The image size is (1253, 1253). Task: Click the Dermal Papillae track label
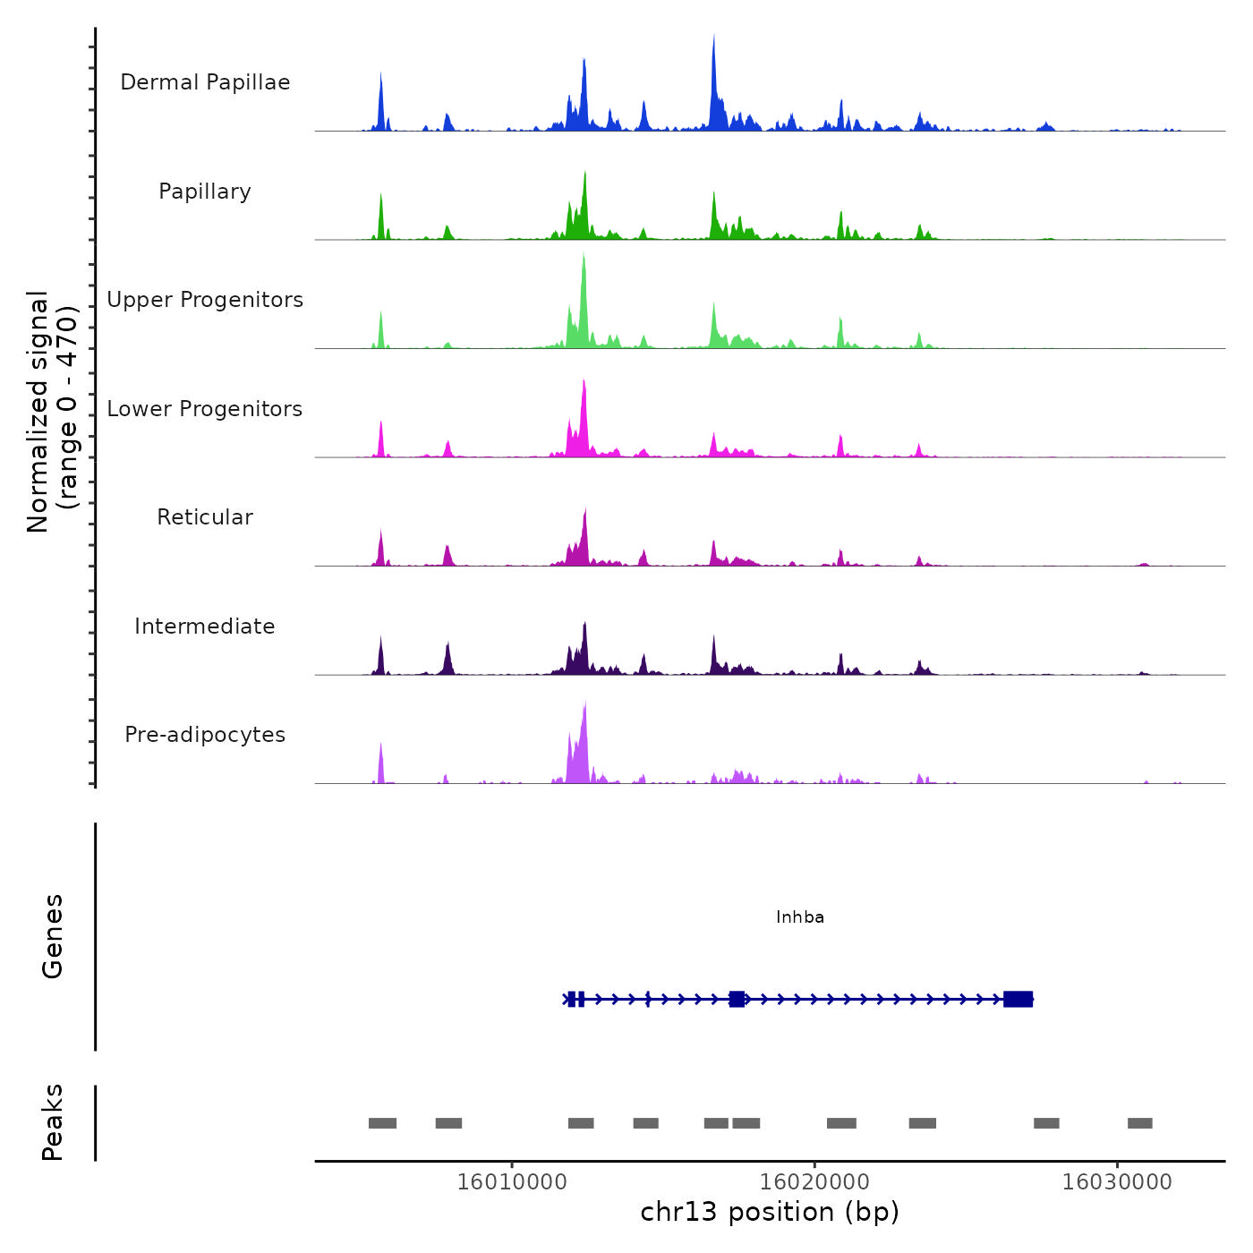pyautogui.click(x=205, y=82)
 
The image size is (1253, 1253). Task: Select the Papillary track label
pyautogui.click(x=205, y=192)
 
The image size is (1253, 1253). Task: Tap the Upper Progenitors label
pyautogui.click(x=205, y=300)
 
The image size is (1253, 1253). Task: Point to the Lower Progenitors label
pyautogui.click(x=205, y=409)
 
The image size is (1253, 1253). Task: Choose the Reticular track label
pyautogui.click(x=205, y=517)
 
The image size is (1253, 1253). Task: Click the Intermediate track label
pyautogui.click(x=205, y=626)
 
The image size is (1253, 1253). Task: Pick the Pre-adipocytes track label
pyautogui.click(x=205, y=735)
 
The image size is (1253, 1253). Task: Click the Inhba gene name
pyautogui.click(x=800, y=917)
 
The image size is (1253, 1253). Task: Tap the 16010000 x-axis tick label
pyautogui.click(x=512, y=1182)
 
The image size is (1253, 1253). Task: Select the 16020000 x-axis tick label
pyautogui.click(x=814, y=1182)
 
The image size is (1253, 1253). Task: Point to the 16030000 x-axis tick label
pyautogui.click(x=1117, y=1182)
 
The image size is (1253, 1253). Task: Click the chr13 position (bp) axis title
pyautogui.click(x=770, y=1212)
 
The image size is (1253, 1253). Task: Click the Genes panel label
pyautogui.click(x=53, y=936)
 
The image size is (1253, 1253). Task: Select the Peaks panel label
pyautogui.click(x=53, y=1122)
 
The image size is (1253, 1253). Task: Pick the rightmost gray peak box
pyautogui.click(x=1139, y=1123)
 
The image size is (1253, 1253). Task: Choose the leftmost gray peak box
pyautogui.click(x=382, y=1123)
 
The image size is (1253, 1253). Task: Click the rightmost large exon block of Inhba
pyautogui.click(x=1019, y=999)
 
